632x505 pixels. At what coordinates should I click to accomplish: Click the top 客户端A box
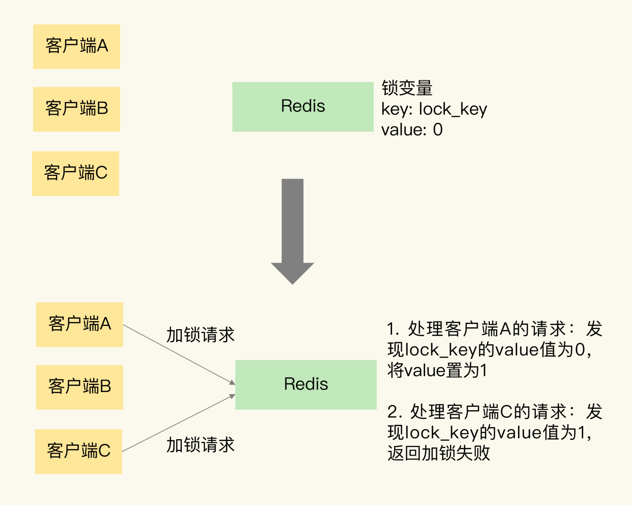point(77,46)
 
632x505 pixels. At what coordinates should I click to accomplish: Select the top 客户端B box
point(77,109)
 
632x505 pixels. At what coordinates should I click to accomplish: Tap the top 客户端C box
point(76,173)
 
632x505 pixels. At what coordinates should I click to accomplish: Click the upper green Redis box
point(303,106)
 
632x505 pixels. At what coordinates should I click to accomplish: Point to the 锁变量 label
point(407,88)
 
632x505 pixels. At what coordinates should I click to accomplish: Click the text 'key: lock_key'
point(434,109)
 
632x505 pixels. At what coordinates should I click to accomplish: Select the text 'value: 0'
point(412,130)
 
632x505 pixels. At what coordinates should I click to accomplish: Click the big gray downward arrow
point(293,230)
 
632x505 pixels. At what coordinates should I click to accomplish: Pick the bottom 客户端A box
point(79,324)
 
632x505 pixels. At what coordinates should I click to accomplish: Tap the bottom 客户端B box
point(79,387)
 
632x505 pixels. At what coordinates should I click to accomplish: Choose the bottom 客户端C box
point(79,451)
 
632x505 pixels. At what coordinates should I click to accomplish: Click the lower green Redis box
point(306,384)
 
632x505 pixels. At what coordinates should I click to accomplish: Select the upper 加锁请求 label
point(201,335)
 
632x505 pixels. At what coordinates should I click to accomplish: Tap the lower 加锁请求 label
point(201,445)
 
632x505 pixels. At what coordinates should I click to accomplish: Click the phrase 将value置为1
point(437,370)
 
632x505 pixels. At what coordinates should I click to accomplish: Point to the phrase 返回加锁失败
point(439,453)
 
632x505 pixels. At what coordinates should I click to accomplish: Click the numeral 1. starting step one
point(393,329)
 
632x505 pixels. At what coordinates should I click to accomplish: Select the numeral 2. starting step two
point(395,412)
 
